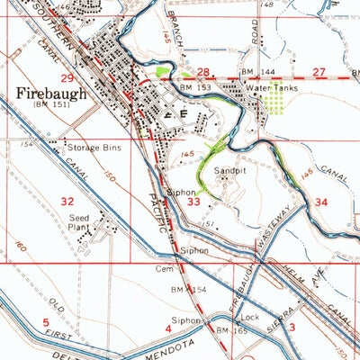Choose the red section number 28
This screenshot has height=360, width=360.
click(x=203, y=71)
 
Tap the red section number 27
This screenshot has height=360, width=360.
click(x=319, y=71)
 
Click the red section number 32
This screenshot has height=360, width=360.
click(x=67, y=202)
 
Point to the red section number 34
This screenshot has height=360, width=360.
click(x=321, y=202)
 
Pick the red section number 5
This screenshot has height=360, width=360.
click(x=44, y=321)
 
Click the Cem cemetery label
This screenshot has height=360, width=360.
click(x=162, y=268)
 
